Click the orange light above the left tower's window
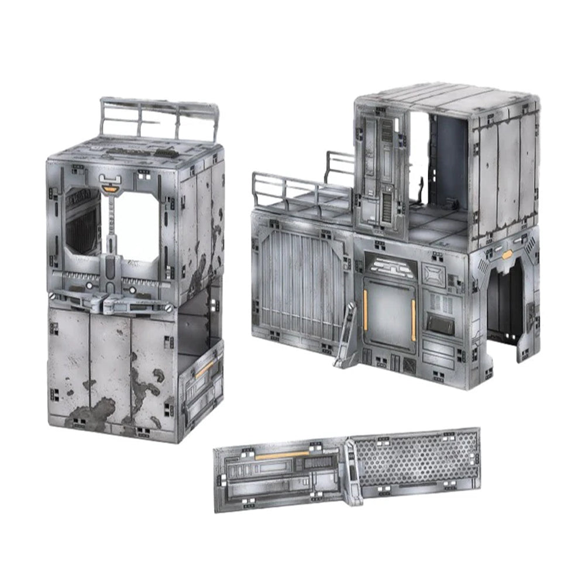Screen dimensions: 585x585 (109, 188)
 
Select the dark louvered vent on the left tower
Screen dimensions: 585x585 (82, 228)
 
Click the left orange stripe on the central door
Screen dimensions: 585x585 (366, 308)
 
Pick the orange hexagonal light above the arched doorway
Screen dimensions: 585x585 (507, 254)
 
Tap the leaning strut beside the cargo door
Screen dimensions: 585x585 (345, 336)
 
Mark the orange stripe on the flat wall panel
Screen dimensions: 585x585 (283, 455)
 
